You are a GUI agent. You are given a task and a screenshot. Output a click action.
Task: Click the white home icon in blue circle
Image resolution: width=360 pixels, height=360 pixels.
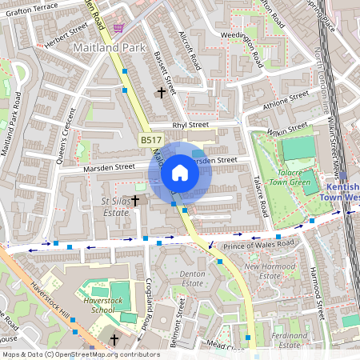[180, 172]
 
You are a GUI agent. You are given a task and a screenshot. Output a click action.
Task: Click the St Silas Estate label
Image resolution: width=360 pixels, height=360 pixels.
[116, 207]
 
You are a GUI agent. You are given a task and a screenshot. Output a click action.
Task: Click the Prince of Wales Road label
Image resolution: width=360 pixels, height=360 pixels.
[259, 244]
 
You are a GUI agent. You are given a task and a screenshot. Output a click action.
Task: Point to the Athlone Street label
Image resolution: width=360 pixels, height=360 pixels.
[286, 101]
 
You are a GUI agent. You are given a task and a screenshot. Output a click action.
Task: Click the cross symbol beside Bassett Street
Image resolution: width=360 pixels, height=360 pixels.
[162, 93]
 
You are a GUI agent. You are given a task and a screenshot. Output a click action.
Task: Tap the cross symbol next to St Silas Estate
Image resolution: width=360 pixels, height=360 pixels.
[135, 199]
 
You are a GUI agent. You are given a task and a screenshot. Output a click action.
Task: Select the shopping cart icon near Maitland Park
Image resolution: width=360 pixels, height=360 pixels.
[118, 27]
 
